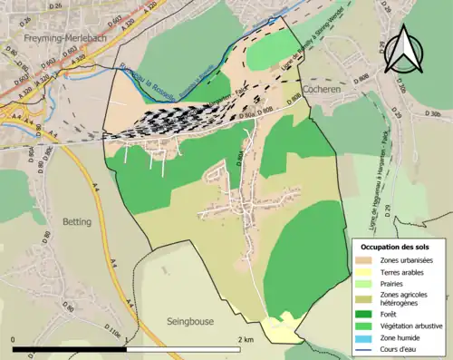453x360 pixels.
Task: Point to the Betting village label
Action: pos(78,221)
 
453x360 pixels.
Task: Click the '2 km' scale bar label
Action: pos(245,340)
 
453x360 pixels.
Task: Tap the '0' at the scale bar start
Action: pos(13,340)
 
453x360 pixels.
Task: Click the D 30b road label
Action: pos(433,114)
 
